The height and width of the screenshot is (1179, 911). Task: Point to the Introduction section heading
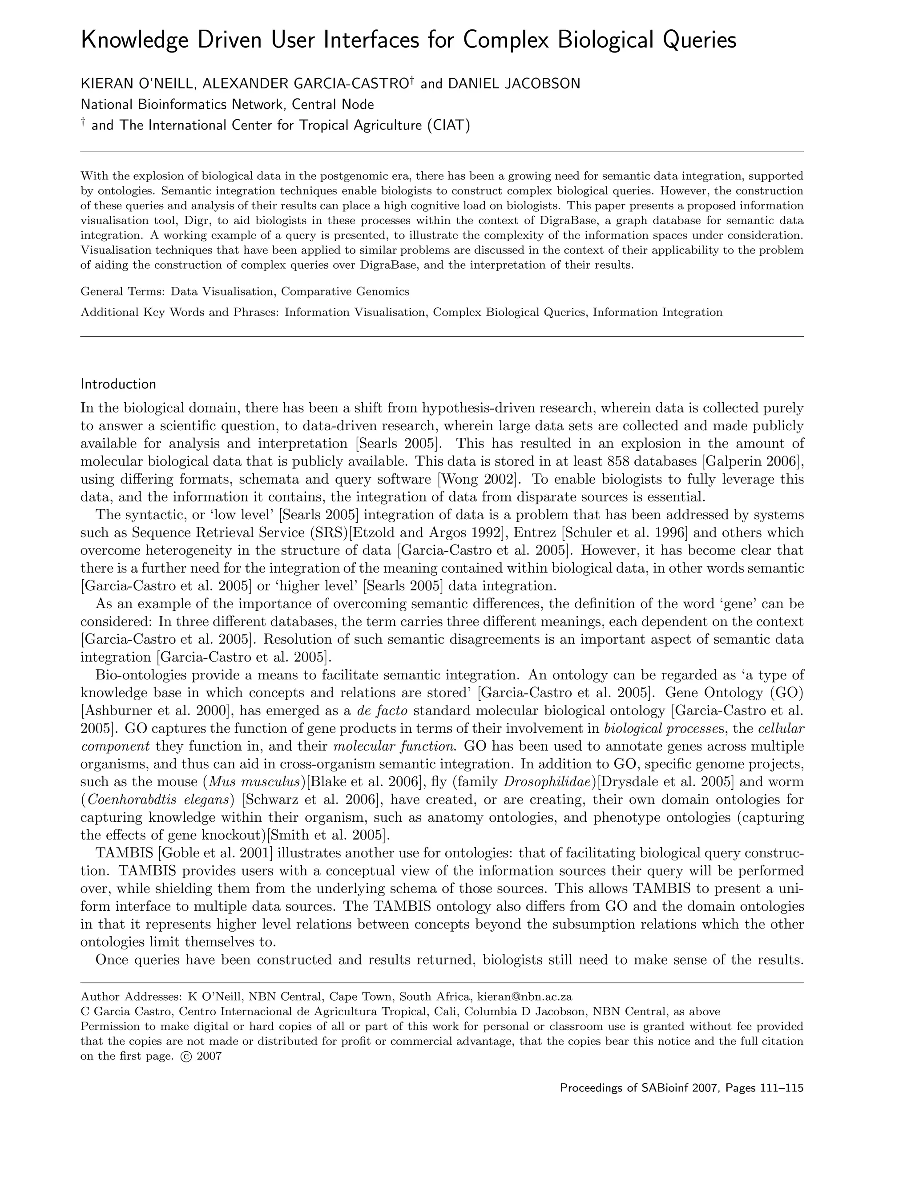[x=118, y=384]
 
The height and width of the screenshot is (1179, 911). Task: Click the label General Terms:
[x=123, y=292]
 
